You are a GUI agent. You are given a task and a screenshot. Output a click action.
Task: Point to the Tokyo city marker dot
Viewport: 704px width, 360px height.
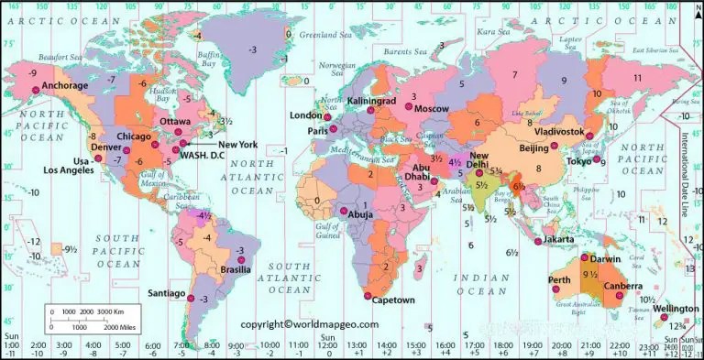[x=594, y=162]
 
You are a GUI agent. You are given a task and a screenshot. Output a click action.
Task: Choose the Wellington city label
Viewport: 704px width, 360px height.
[x=676, y=309]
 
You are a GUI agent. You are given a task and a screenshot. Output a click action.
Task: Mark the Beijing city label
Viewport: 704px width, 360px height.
[x=533, y=148]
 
